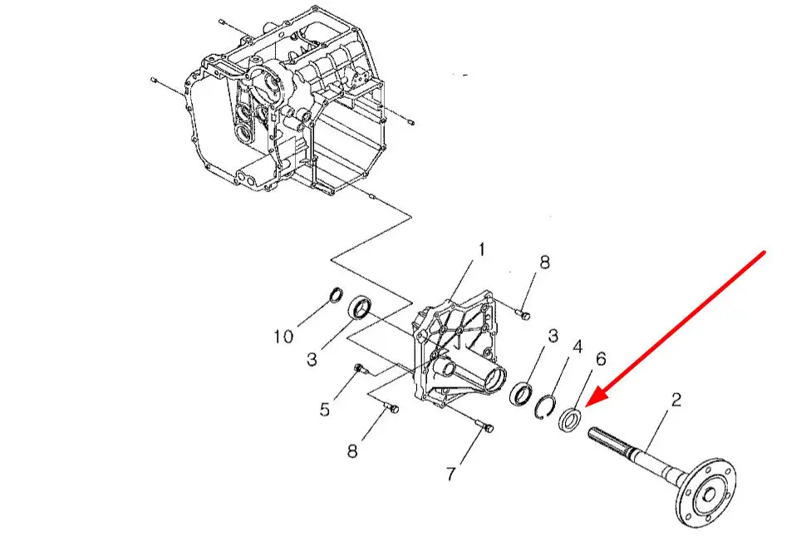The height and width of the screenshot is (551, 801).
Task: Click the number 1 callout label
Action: pyautogui.click(x=481, y=250)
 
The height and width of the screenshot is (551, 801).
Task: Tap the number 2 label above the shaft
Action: pyautogui.click(x=676, y=400)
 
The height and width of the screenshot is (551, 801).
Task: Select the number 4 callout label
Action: pyautogui.click(x=577, y=347)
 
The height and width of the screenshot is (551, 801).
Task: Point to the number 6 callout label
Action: pyautogui.click(x=601, y=359)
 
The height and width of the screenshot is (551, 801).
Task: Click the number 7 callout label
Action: pyautogui.click(x=450, y=474)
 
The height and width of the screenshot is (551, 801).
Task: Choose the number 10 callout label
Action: pyautogui.click(x=283, y=337)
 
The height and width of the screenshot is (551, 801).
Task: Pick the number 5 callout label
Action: pyautogui.click(x=325, y=409)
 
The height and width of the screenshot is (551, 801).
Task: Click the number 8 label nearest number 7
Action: pyautogui.click(x=352, y=450)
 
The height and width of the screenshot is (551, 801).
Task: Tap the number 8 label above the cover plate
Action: pyautogui.click(x=544, y=262)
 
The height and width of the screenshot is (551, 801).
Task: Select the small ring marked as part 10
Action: pyautogui.click(x=336, y=295)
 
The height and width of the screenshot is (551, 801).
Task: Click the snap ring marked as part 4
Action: pyautogui.click(x=545, y=406)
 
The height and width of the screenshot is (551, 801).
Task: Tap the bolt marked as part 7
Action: pyautogui.click(x=484, y=426)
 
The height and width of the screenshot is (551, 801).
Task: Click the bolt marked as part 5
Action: pyautogui.click(x=360, y=369)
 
